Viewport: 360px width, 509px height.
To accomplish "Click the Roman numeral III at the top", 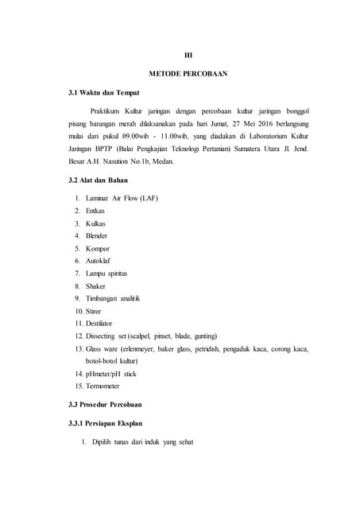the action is tap(188, 54).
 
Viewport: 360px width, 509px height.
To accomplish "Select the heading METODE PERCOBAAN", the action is tap(188, 74).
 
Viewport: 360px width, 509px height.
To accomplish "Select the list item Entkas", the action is tap(95, 211).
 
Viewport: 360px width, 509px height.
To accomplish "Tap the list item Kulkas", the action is tap(95, 223).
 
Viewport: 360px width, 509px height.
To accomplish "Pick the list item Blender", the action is tap(97, 235).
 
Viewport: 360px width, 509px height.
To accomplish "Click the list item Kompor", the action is tap(98, 248).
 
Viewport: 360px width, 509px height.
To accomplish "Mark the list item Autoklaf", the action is tap(99, 261).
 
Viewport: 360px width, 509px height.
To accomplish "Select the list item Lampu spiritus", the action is tap(106, 273).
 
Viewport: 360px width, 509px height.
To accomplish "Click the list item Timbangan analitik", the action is tap(113, 298).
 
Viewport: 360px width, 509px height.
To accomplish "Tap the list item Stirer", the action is tap(96, 311).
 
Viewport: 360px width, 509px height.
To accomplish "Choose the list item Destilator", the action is tap(99, 323).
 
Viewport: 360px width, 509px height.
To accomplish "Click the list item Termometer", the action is tap(103, 386).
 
